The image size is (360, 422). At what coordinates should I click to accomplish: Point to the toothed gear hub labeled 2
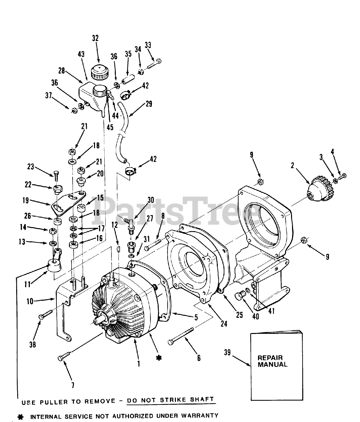coord(319,189)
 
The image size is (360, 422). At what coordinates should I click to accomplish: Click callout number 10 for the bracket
coord(30,301)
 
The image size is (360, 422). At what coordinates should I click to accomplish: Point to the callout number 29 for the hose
coord(149,104)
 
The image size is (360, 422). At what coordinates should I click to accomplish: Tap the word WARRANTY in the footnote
coord(198,416)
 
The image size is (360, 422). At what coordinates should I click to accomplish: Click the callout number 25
coord(240,315)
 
